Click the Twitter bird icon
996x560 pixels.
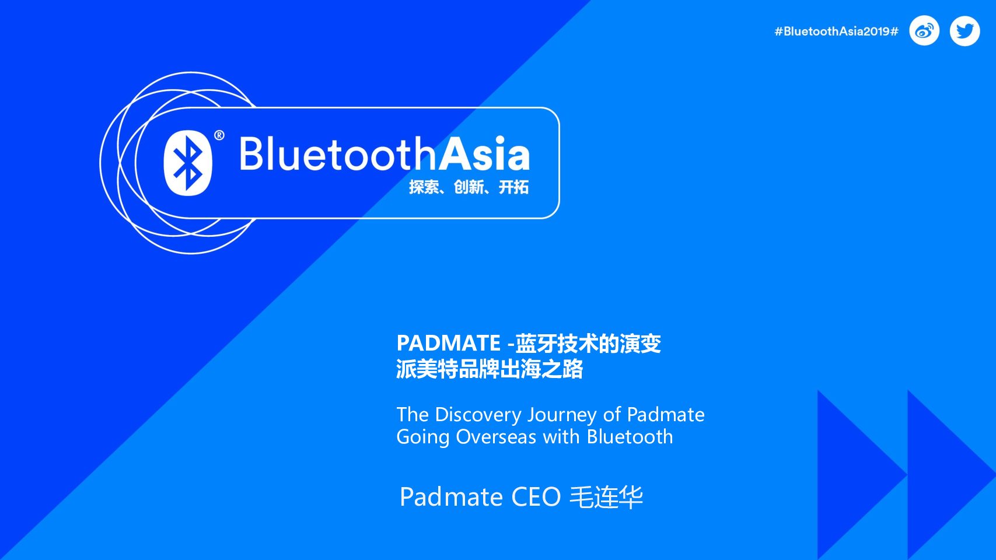(965, 31)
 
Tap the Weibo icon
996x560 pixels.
(924, 31)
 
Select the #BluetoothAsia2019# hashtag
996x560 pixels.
(836, 31)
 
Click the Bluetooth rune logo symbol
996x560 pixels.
(188, 163)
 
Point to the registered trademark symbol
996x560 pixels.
(219, 135)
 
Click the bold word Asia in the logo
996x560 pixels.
(485, 153)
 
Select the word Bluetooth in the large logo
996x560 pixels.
(338, 153)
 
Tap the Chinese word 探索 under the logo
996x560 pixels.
(424, 187)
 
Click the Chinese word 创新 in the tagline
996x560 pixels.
(469, 187)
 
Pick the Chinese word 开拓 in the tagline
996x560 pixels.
(513, 187)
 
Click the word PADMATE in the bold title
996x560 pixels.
(448, 343)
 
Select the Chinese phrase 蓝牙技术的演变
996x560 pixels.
(588, 343)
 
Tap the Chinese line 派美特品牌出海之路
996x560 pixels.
(490, 369)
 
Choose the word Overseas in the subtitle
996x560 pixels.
(496, 436)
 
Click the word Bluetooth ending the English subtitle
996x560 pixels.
(630, 436)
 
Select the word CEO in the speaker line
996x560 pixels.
(536, 497)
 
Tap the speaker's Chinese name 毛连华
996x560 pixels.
(606, 497)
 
